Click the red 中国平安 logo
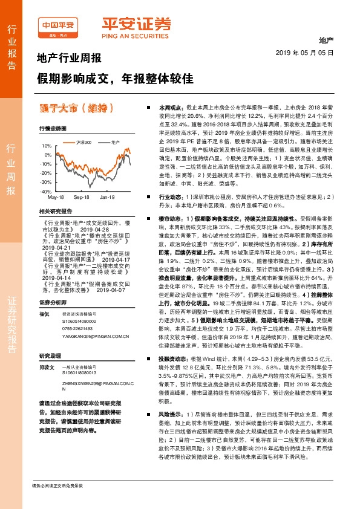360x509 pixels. coord(59,25)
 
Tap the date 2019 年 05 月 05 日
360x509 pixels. coord(308,53)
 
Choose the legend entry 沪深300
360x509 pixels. coord(83,142)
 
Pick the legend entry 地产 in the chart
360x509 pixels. coord(114,142)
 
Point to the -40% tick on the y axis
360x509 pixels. coord(45,191)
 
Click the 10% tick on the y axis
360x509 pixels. coord(47,146)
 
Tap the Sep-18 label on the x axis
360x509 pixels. coord(82,197)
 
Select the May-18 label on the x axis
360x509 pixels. coord(56,197)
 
